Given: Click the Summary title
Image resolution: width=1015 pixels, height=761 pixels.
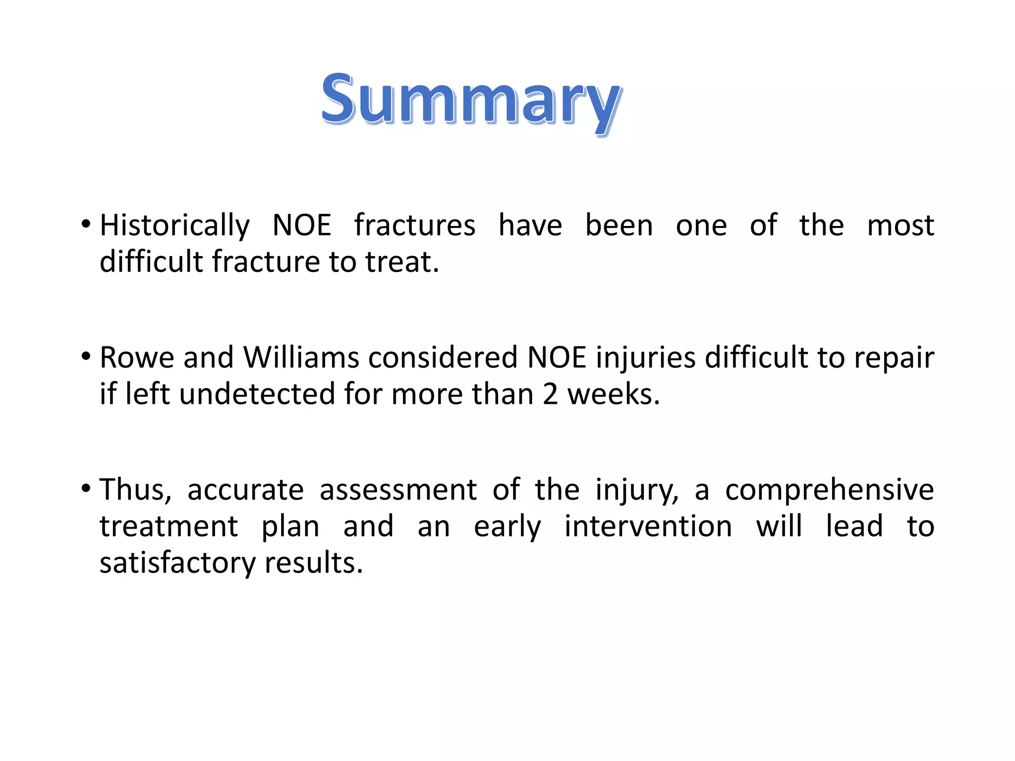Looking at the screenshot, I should click(x=470, y=99).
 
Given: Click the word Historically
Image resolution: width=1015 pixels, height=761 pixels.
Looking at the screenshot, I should click(x=174, y=225).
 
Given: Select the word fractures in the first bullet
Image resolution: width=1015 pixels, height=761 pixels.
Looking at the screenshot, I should click(x=414, y=225).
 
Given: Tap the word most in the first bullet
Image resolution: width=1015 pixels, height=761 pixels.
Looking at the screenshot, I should click(x=900, y=225).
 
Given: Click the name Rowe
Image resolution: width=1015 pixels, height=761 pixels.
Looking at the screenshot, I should click(x=137, y=357).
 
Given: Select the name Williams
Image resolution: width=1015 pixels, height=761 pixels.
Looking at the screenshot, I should click(x=301, y=357).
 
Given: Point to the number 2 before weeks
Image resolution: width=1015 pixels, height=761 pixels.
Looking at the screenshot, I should click(x=550, y=394).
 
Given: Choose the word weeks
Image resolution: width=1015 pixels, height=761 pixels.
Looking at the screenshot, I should click(x=613, y=394).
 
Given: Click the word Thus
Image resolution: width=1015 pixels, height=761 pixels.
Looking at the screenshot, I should click(x=135, y=490).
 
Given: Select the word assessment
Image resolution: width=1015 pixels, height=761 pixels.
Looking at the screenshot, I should click(x=398, y=490).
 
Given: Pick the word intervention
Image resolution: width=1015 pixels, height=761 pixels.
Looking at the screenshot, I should click(x=648, y=526).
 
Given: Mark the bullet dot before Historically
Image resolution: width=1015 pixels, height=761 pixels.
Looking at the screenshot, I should click(x=86, y=224).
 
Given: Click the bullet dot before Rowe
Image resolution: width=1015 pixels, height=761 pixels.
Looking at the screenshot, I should click(x=86, y=356).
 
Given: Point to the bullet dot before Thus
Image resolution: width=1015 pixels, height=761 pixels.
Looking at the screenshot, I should click(x=86, y=489).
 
